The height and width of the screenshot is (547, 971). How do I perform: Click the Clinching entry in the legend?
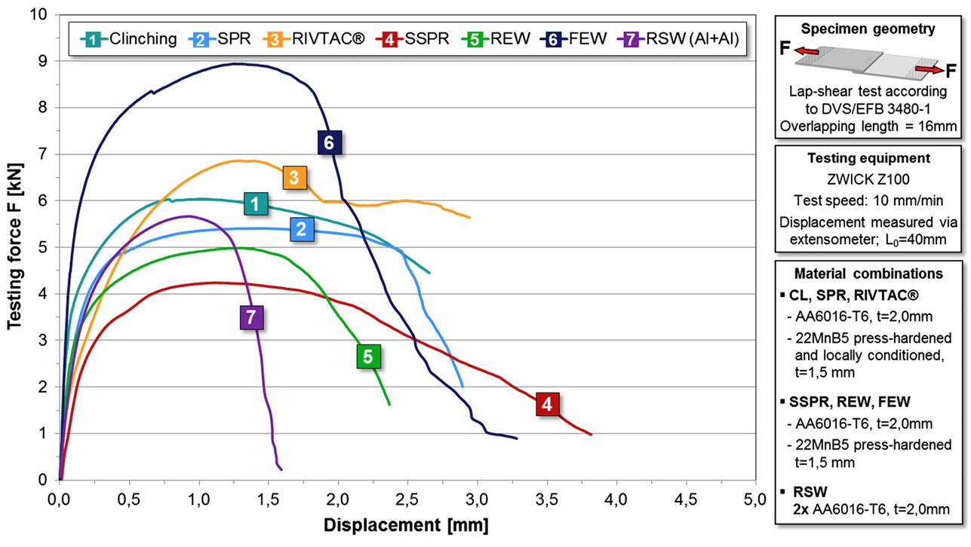pyautogui.click(x=129, y=38)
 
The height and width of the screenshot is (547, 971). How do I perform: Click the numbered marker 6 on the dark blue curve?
pyautogui.click(x=329, y=142)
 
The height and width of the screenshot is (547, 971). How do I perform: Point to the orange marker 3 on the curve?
pyautogui.click(x=295, y=177)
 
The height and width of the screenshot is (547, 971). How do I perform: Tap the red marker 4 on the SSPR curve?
pyautogui.click(x=548, y=404)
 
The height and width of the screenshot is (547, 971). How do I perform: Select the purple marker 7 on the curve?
pyautogui.click(x=252, y=317)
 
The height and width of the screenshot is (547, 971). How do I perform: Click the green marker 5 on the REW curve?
pyautogui.click(x=367, y=356)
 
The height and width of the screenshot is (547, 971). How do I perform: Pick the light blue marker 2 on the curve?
pyautogui.click(x=301, y=230)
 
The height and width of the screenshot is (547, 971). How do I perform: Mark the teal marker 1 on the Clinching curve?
pyautogui.click(x=256, y=203)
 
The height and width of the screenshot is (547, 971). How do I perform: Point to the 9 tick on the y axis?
pyautogui.click(x=42, y=61)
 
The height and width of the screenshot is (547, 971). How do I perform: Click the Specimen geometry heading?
pyautogui.click(x=868, y=29)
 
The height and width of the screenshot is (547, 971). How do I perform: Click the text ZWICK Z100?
pyautogui.click(x=868, y=180)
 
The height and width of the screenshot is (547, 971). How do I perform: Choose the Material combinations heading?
pyautogui.click(x=868, y=273)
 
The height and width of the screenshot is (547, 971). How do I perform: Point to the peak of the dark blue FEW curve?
pyautogui.click(x=236, y=64)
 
